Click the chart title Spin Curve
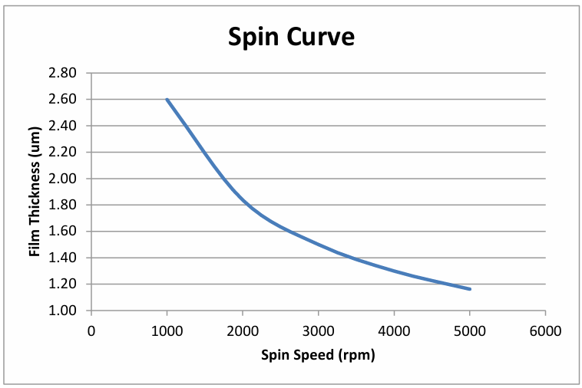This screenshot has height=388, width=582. (291, 37)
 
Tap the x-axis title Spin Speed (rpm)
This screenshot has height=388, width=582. (318, 355)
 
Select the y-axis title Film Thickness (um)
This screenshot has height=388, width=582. (35, 192)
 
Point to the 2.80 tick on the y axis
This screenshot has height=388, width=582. (62, 73)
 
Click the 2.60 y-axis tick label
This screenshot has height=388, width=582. (62, 100)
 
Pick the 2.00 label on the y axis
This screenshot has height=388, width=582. (62, 179)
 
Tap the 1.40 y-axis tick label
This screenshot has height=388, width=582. (62, 258)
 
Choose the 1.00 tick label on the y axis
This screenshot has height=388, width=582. (62, 311)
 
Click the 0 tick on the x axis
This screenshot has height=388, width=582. (91, 331)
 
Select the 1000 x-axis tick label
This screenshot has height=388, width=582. (167, 331)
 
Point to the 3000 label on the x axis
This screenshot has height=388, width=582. (319, 331)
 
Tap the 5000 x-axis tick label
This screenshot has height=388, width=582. (470, 331)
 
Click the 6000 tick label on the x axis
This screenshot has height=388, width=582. (546, 331)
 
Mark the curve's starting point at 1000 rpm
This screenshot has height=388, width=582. (167, 100)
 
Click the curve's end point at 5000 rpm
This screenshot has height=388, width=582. (470, 289)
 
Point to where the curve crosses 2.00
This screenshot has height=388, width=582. (223, 179)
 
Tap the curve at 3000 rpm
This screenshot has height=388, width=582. (319, 244)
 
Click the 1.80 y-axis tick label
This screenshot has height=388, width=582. (62, 205)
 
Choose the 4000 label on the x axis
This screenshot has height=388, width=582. (394, 331)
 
